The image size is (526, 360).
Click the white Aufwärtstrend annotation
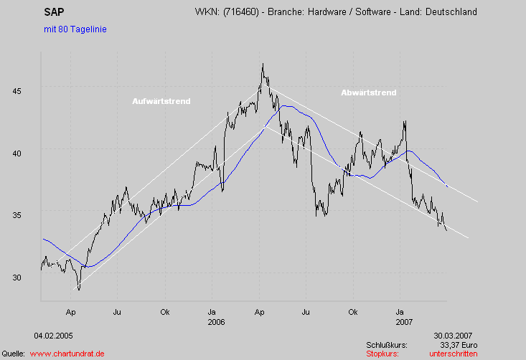161,101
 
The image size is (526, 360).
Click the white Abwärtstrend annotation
369,93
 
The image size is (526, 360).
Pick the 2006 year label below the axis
216,322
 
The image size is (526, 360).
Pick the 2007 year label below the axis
405,322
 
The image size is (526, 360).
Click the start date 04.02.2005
53,335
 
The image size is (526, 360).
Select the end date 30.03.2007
452,335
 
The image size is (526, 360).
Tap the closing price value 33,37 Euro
459,345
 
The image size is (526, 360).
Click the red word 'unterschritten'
454,354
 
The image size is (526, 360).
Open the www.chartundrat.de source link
68,354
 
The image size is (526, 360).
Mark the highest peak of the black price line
263,64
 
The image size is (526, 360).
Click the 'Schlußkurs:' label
386,345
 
